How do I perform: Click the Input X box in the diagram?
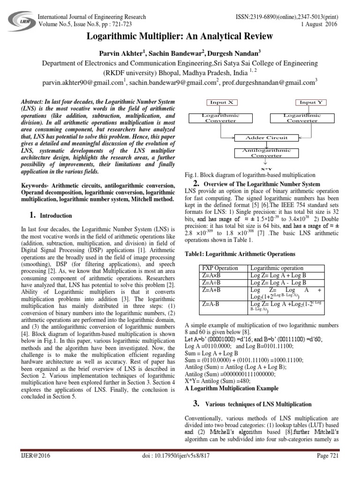point(220,102)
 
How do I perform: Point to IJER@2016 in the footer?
point(34,468)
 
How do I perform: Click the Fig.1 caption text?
point(251,175)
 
